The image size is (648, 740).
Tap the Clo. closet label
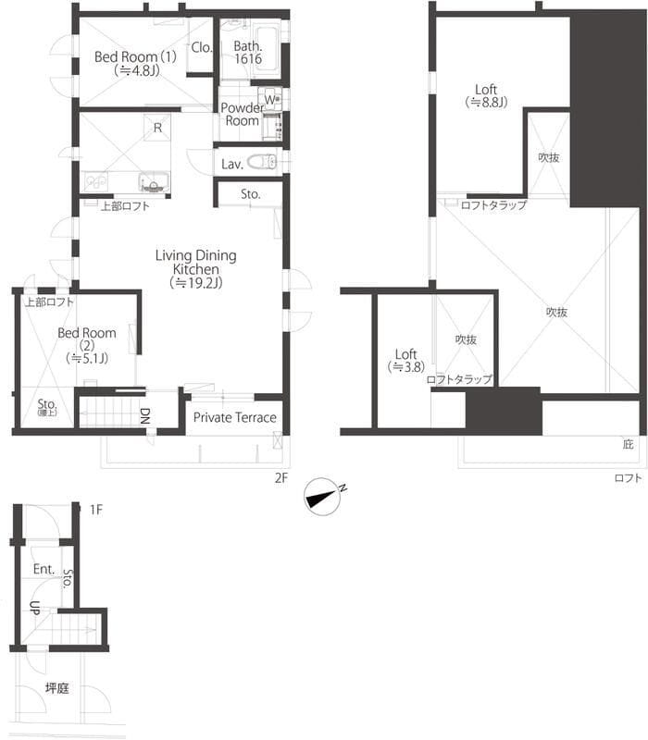tap(201, 48)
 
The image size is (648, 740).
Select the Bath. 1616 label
tap(248, 52)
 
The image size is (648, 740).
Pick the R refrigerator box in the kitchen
tap(158, 128)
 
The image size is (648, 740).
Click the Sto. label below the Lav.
tap(250, 194)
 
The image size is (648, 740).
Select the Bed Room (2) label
tap(86, 345)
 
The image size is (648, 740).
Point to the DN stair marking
tap(145, 415)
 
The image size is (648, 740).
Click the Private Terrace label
tap(234, 417)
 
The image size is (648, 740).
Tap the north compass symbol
tap(325, 497)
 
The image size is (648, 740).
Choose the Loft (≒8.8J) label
tap(486, 96)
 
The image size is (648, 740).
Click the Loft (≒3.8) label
tap(405, 360)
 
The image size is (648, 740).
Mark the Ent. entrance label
tap(44, 569)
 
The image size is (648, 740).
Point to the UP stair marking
tap(34, 609)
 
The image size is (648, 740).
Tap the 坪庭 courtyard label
tap(57, 688)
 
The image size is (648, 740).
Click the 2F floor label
tap(281, 478)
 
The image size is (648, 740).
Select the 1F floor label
tap(95, 509)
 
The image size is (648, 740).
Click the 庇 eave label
tap(629, 445)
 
